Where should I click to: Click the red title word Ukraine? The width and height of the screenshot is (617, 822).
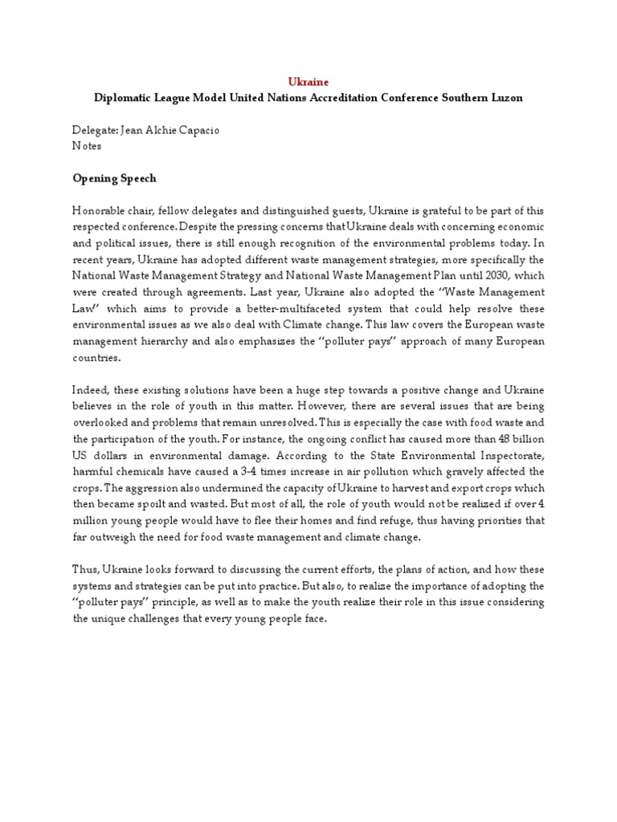click(308, 82)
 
